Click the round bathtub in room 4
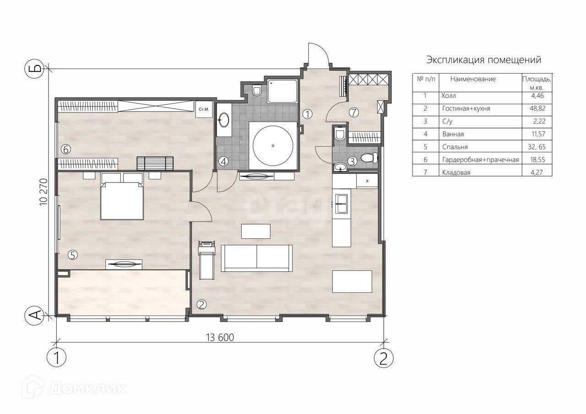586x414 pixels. coord(273,145)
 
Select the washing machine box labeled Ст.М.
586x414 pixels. coord(204,109)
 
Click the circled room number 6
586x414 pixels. coord(65,150)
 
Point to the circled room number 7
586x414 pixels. coord(354,113)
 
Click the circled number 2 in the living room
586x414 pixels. coord(201,304)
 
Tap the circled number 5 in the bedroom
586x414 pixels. coord(73,255)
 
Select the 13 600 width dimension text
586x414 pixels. coord(220,338)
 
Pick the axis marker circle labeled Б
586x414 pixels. coord(34,69)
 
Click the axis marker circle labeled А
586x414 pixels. coord(34,316)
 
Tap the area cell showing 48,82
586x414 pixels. coord(537,108)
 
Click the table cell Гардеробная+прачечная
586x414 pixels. coord(480,160)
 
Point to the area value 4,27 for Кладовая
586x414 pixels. coord(537,172)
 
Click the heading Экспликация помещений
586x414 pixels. coord(484,60)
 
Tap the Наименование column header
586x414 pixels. coord(473,79)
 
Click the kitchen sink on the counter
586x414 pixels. coord(342,204)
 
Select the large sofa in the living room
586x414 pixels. coord(257,258)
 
